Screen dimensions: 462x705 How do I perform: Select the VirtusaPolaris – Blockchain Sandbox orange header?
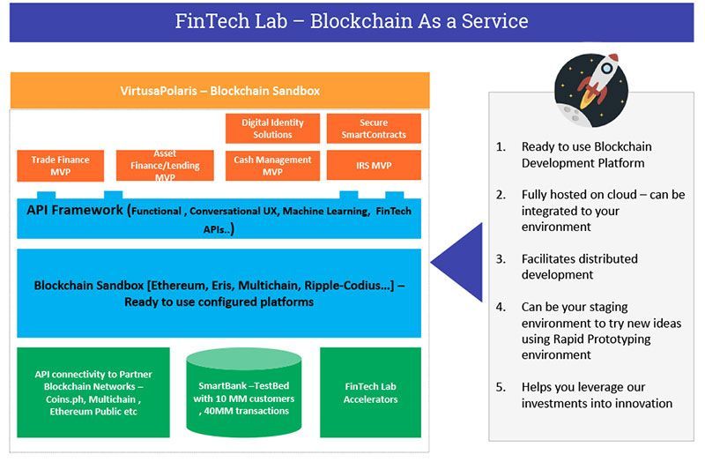tap(219, 91)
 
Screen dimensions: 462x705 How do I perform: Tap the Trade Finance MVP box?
tap(61, 165)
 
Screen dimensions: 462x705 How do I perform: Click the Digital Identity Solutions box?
tap(272, 129)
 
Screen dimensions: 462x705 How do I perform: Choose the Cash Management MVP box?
tap(272, 165)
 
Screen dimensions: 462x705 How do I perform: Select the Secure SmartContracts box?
tap(374, 129)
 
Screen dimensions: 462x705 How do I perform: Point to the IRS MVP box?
tap(374, 165)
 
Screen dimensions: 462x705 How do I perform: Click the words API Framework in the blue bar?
tap(75, 212)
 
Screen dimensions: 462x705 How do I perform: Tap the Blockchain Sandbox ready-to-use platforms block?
tap(219, 294)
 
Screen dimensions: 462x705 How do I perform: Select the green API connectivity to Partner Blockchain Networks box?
tap(93, 392)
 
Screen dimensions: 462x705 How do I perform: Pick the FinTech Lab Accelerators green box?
tap(370, 392)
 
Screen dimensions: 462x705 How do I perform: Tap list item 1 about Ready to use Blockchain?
tap(586, 154)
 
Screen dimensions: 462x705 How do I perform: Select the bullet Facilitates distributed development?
tap(579, 267)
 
